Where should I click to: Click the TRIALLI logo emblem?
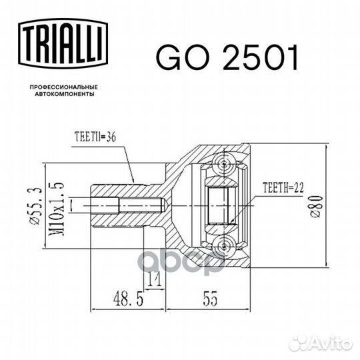pos(63,43)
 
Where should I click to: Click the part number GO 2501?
pos(227,57)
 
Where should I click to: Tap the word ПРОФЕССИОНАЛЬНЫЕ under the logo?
pos(64,87)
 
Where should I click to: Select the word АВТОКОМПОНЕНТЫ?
pos(65,94)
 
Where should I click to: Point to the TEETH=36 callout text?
pos(95,137)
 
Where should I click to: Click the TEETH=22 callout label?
pos(283,187)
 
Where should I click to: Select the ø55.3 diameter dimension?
pos(36,206)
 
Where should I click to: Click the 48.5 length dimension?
pos(128,299)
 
